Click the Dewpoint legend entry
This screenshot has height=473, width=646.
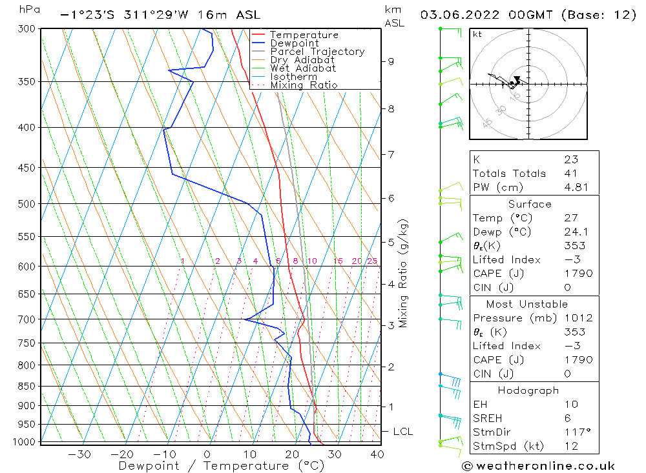click(294, 43)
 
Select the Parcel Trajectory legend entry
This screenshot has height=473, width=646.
click(317, 52)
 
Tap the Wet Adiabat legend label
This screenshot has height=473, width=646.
click(303, 68)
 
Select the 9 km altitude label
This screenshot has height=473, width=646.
click(391, 61)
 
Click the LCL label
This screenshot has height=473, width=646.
click(402, 431)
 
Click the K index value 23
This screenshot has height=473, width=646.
click(570, 159)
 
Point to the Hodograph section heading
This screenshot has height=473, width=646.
click(529, 390)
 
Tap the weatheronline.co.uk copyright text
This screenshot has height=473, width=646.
click(538, 466)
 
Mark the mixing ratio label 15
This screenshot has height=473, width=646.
click(338, 261)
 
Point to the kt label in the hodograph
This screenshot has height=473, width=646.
click(477, 34)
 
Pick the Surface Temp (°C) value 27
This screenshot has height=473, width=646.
click(570, 218)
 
